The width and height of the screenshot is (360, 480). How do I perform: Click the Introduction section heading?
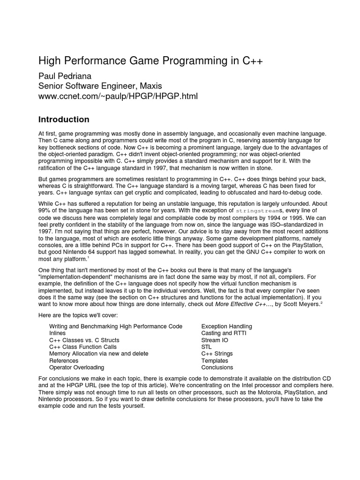click(64, 119)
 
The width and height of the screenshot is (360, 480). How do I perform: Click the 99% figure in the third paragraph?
click(44, 211)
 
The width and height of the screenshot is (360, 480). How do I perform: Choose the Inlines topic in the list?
click(58, 333)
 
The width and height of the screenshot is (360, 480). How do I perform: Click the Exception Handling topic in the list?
click(226, 326)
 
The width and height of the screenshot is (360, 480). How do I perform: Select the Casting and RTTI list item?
click(224, 333)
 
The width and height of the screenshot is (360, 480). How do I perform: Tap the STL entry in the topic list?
click(207, 347)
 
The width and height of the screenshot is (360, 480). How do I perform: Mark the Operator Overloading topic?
click(77, 367)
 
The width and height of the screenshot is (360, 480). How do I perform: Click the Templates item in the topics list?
click(214, 361)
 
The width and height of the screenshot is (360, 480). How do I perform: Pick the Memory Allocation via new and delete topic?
click(98, 354)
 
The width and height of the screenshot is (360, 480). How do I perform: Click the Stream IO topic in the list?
click(214, 340)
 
